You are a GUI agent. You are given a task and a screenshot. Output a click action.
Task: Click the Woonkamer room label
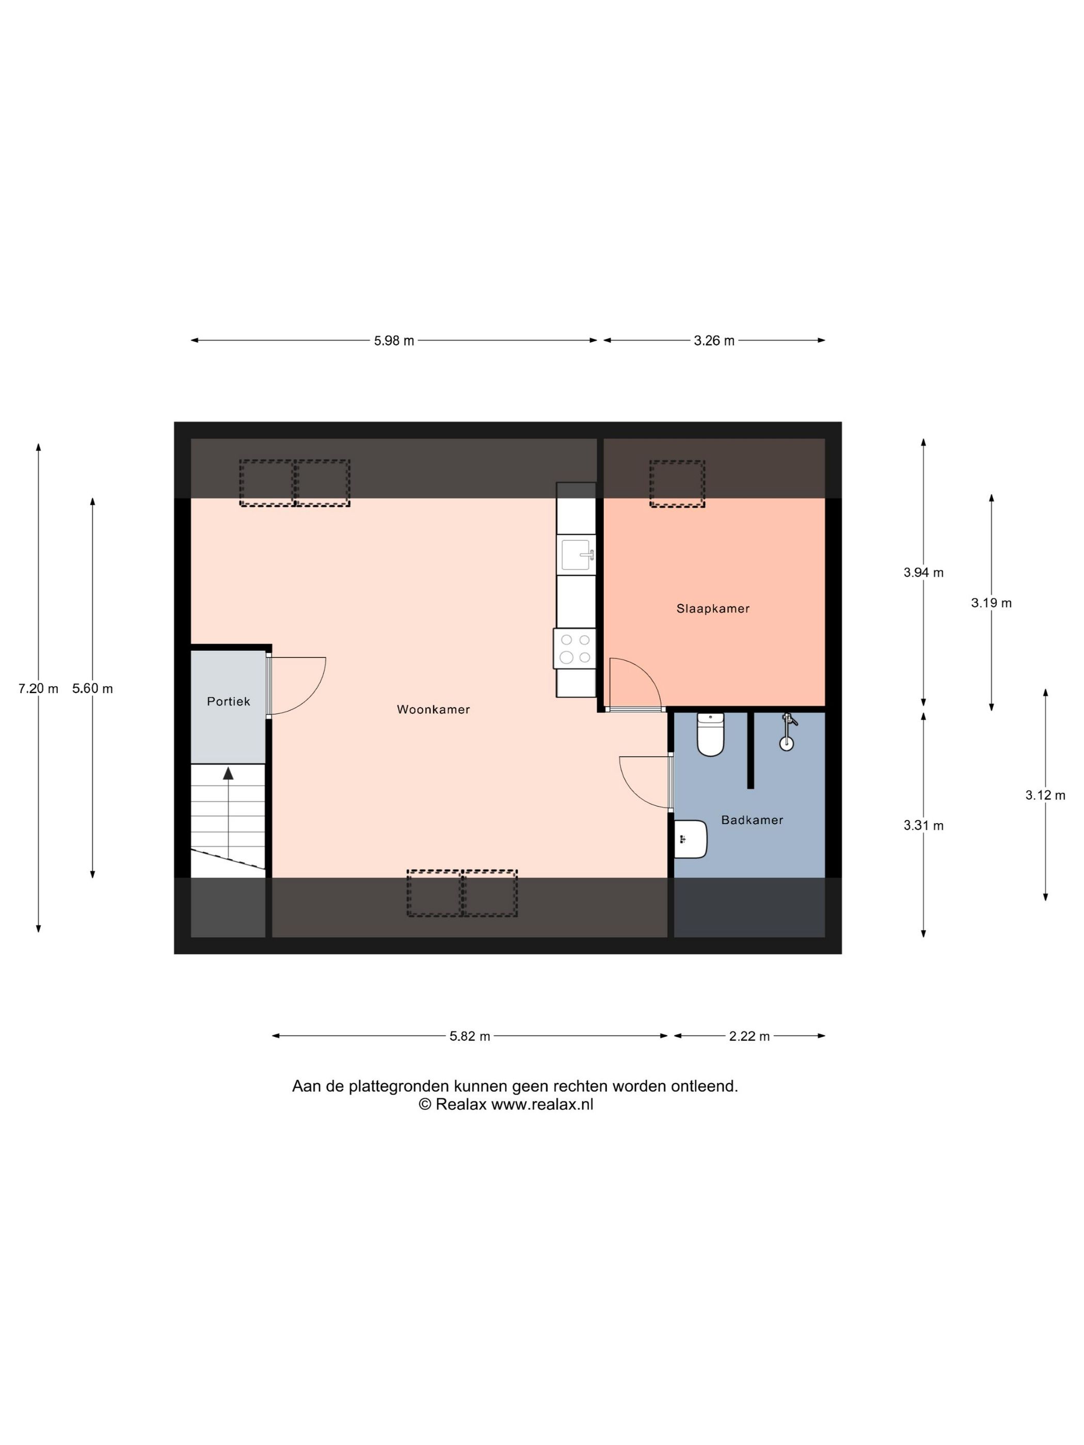click(433, 710)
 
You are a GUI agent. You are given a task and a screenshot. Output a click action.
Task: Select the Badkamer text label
click(752, 820)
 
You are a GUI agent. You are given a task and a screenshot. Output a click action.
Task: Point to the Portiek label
click(228, 701)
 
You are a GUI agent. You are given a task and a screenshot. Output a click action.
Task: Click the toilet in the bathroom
click(710, 735)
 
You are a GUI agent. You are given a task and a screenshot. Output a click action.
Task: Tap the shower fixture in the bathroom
click(787, 732)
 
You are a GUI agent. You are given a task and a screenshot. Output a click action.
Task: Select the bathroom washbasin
click(690, 840)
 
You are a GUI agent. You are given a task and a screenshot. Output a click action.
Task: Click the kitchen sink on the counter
click(576, 555)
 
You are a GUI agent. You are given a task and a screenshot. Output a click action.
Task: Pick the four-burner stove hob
click(575, 649)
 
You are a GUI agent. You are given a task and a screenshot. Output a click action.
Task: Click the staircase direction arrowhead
click(228, 774)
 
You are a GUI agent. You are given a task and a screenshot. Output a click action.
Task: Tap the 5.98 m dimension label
click(394, 340)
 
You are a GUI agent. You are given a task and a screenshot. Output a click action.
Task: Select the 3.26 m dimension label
click(714, 340)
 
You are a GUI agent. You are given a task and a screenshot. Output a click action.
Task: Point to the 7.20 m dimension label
click(38, 688)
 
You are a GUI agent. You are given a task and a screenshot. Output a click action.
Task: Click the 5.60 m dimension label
click(92, 688)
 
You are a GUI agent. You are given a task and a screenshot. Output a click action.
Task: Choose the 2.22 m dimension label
click(750, 1036)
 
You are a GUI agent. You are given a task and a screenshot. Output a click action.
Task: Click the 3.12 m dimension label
click(1045, 795)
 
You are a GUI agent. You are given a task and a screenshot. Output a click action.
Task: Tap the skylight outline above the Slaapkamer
click(677, 484)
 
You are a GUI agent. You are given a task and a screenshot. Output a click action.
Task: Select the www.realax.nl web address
click(541, 1105)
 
